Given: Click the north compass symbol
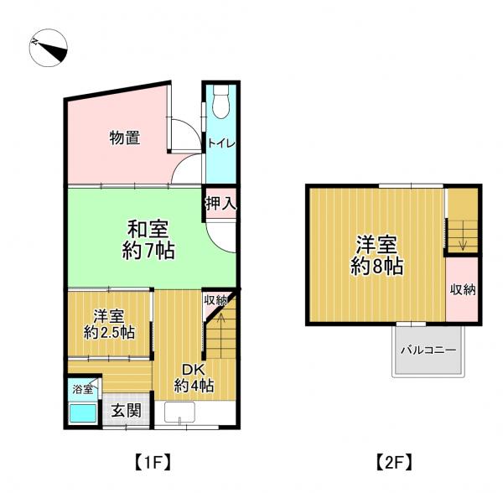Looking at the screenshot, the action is tap(48, 48).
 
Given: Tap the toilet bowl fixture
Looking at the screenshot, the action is tap(220, 101).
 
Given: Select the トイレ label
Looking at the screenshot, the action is tap(221, 143).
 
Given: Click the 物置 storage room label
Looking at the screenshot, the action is tap(125, 138).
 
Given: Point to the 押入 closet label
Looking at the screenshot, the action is tap(221, 204).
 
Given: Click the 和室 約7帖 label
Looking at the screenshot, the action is tap(148, 240).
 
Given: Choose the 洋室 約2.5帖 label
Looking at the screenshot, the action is tap(109, 324).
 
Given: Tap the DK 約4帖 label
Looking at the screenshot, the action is tap(194, 378).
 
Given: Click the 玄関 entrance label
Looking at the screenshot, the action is tap(126, 410).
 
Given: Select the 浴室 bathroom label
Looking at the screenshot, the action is tap(83, 389).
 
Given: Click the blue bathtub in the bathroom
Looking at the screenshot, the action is tap(83, 413).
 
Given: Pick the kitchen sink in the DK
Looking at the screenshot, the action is tap(179, 413).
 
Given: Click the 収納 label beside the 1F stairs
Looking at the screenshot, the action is tap(216, 300).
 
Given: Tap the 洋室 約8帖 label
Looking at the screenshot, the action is tap(376, 255).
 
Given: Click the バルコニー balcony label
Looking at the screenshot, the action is tap(428, 350).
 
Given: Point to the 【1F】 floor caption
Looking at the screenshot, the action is tap(152, 462).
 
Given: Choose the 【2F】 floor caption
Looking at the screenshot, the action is tap(394, 462).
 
